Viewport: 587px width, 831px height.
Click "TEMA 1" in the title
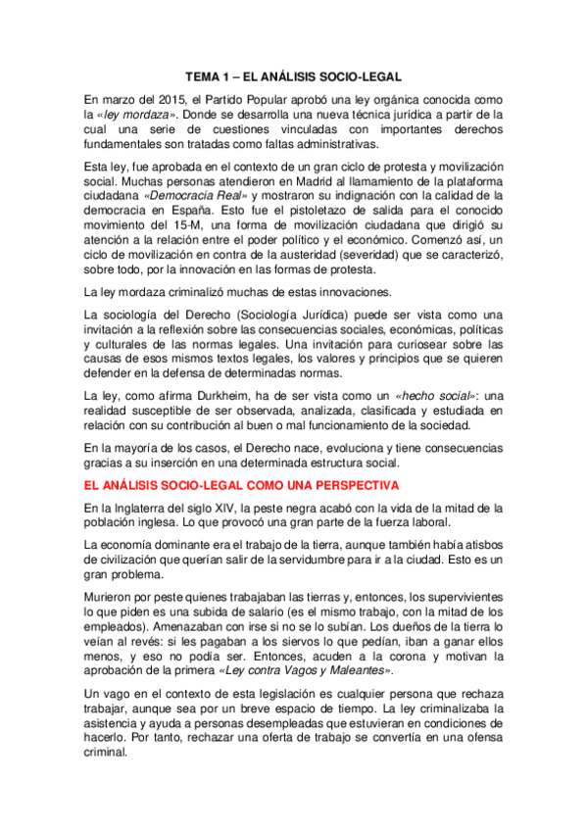click(x=213, y=75)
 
